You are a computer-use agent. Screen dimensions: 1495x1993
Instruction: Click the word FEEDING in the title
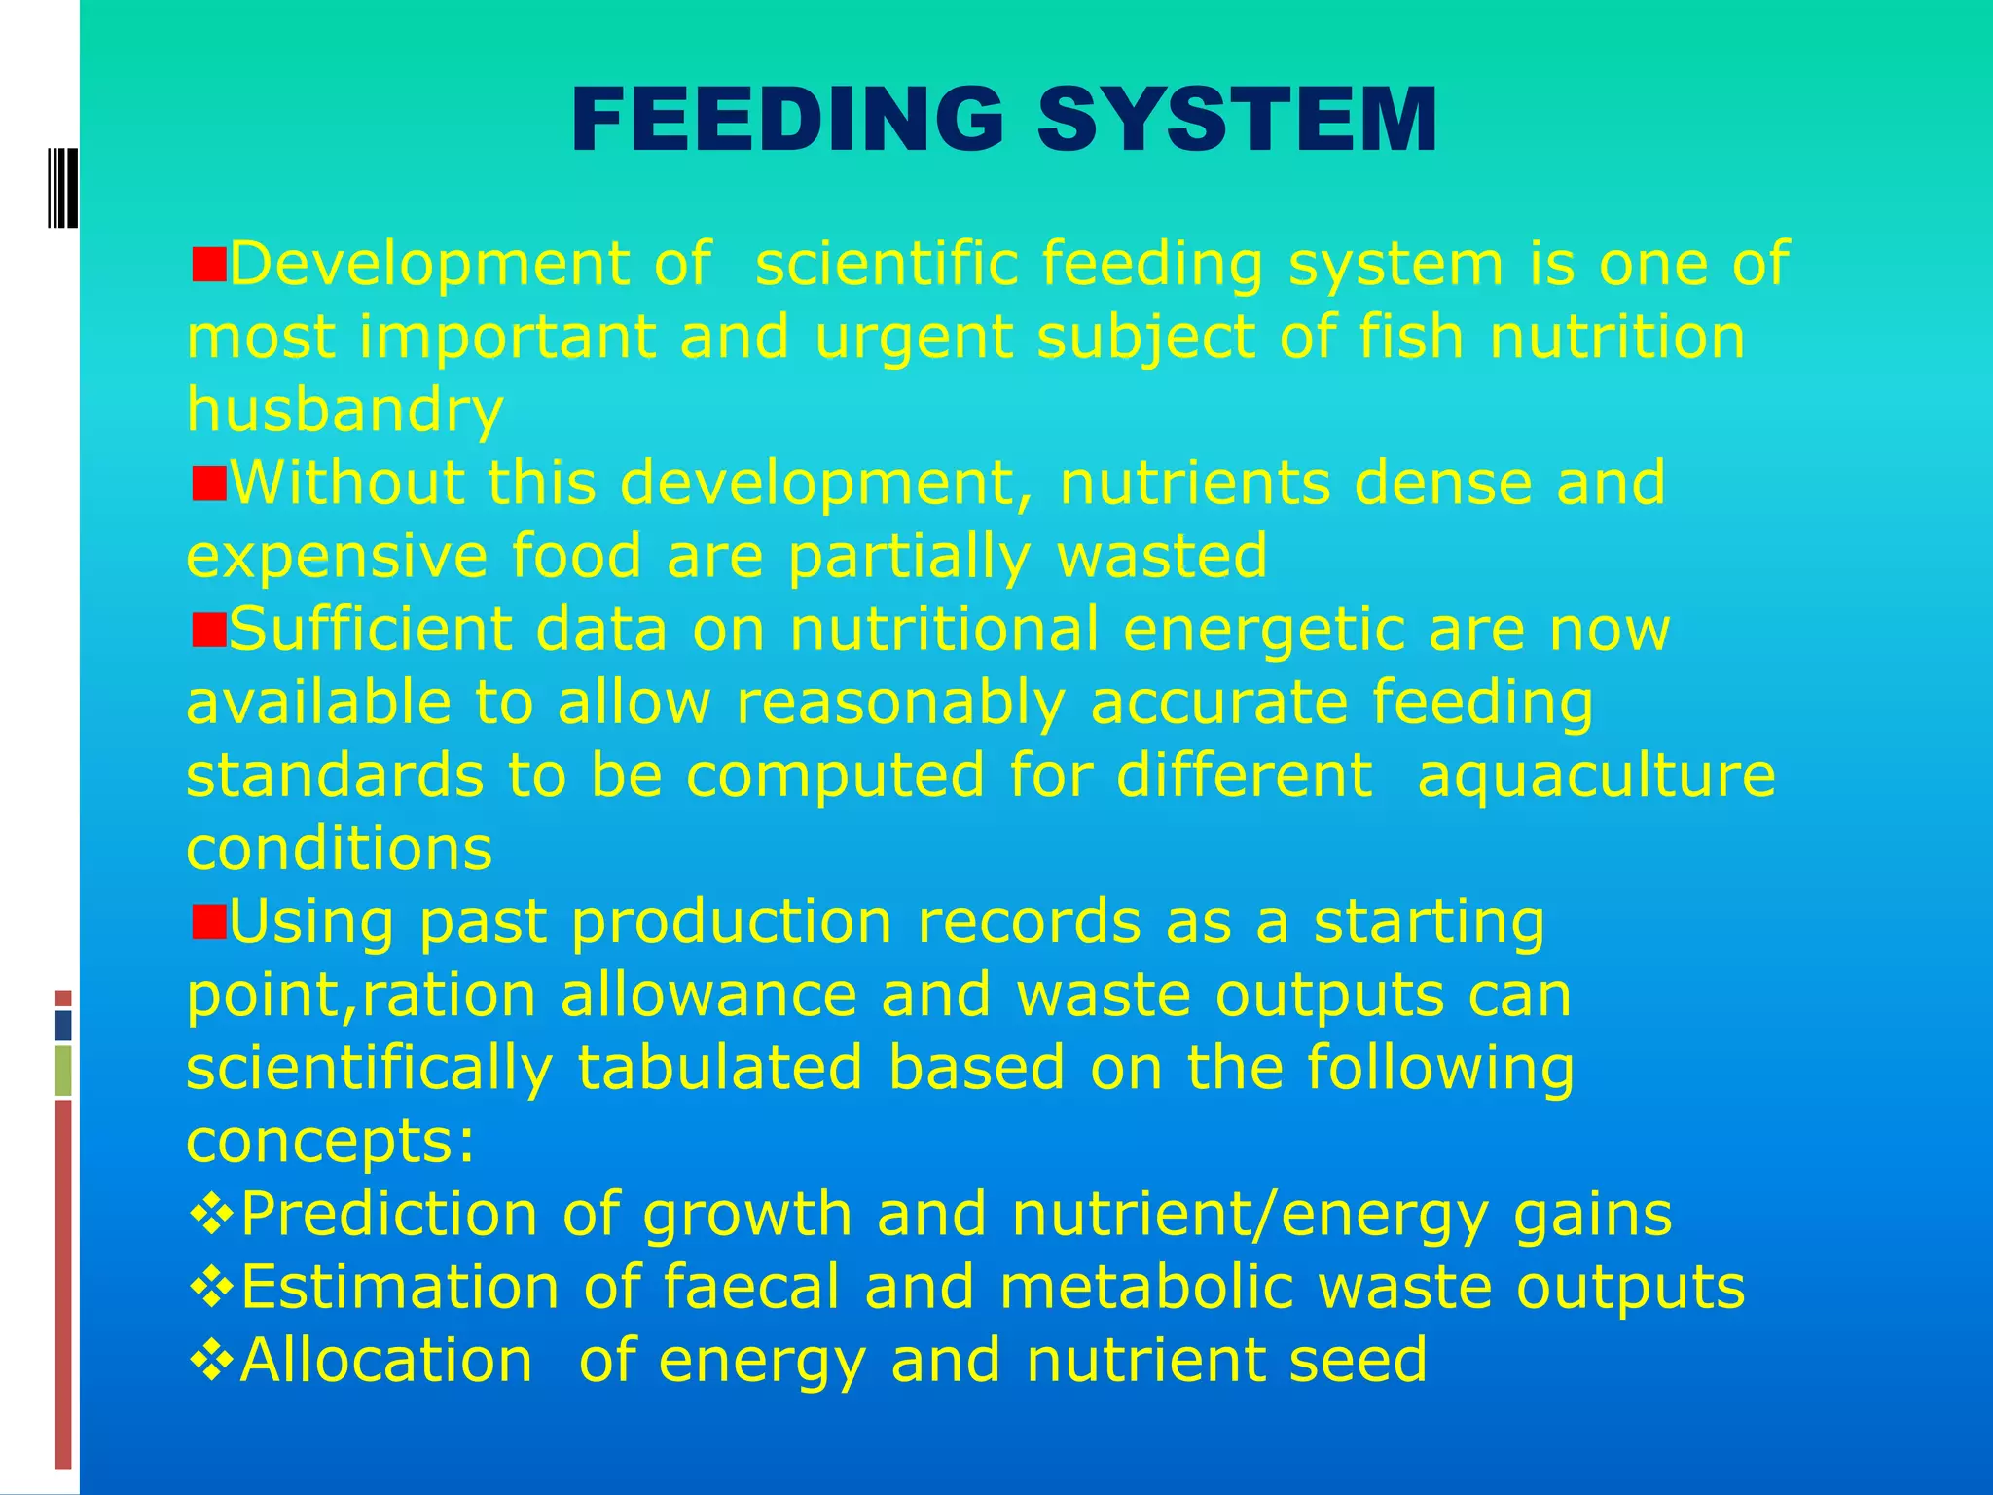787,120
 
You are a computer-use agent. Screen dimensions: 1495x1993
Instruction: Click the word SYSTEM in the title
1237,120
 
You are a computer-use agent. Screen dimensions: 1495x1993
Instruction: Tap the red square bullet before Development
208,264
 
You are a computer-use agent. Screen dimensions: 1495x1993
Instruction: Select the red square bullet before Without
208,483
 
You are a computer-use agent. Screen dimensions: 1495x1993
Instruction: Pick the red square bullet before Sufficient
208,629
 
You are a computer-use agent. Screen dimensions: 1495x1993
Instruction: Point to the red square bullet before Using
208,921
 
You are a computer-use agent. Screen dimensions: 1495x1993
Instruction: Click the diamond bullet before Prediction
210,1215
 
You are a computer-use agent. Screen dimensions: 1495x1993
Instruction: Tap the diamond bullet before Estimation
210,1288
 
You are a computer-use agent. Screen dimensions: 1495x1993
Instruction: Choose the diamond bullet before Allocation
210,1361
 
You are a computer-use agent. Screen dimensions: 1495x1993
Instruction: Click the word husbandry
345,411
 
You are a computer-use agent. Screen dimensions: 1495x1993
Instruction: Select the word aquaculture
1596,776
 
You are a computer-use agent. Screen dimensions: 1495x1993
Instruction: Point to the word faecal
750,1287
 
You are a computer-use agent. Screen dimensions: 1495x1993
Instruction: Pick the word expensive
337,557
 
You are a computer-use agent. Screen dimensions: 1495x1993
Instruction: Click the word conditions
340,849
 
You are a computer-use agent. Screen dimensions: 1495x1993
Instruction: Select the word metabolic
1146,1287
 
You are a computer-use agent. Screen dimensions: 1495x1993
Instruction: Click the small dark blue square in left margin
63,1026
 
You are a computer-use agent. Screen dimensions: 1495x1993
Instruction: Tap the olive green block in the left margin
63,1071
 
